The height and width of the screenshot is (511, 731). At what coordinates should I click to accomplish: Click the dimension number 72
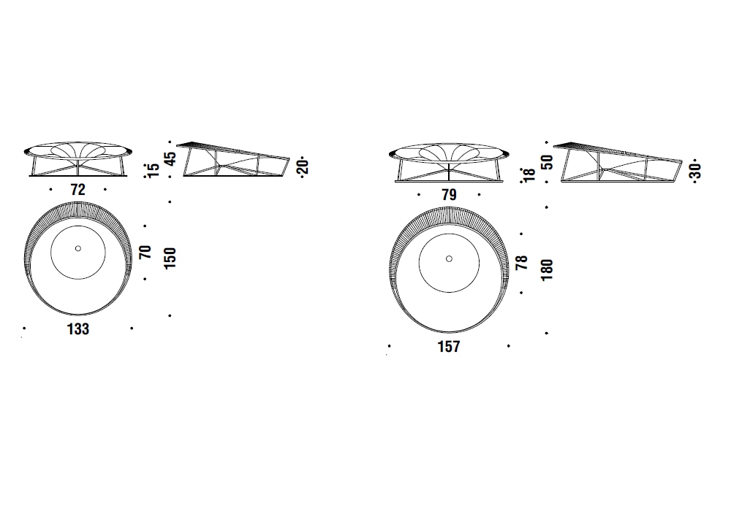pos(78,190)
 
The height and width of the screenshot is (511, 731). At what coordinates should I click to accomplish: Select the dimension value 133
pos(78,329)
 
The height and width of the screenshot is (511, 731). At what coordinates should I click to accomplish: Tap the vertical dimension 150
pos(170,258)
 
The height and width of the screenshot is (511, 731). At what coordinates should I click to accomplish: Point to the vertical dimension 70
pos(145,253)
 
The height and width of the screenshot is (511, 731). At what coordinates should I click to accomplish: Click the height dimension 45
pos(170,158)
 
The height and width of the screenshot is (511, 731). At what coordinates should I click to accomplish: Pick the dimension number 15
pos(153,170)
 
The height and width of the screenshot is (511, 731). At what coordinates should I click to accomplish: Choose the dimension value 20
pos(303,166)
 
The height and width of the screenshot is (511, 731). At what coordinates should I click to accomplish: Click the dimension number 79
pos(449,194)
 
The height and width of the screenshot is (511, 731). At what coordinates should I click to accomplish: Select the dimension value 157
pos(449,347)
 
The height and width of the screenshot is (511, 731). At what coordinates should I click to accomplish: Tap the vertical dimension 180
pos(547,270)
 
